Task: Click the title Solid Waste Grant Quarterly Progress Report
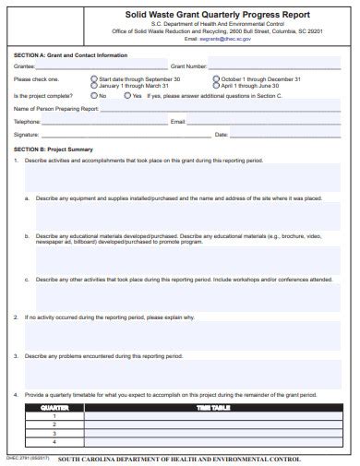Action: click(x=205, y=16)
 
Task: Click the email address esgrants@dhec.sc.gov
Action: click(x=205, y=40)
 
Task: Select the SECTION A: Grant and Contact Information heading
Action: click(x=71, y=54)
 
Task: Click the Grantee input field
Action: click(x=102, y=66)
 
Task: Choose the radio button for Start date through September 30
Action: click(x=94, y=79)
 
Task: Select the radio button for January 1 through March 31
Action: click(x=94, y=85)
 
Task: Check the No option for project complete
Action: click(x=94, y=95)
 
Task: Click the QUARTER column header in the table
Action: click(x=55, y=406)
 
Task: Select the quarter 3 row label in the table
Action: click(x=55, y=431)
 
